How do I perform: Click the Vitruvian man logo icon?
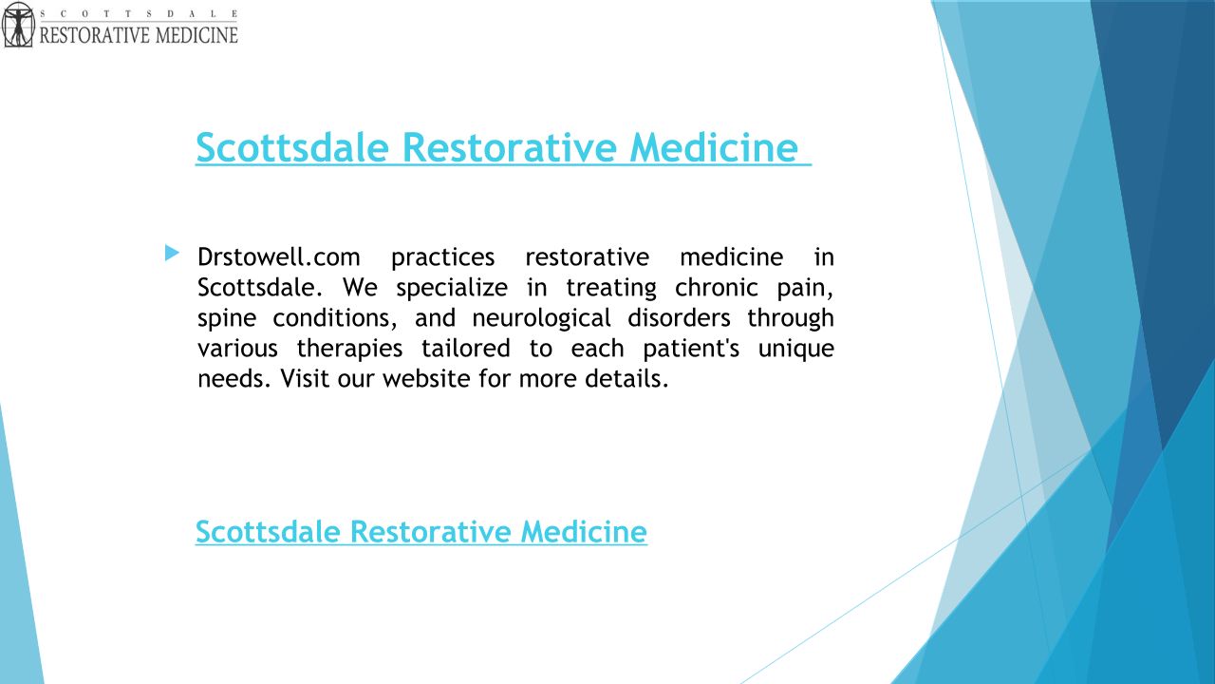(x=18, y=25)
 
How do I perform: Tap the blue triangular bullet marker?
(x=172, y=253)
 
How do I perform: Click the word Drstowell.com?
(x=279, y=257)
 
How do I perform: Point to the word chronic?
(x=716, y=288)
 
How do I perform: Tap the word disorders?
(x=679, y=318)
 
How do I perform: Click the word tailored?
(x=466, y=349)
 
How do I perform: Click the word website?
(x=427, y=379)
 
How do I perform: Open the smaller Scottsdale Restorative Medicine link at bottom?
(x=421, y=531)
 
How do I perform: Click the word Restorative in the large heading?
(x=510, y=147)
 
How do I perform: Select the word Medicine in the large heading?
(x=714, y=147)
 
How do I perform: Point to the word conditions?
(x=335, y=318)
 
